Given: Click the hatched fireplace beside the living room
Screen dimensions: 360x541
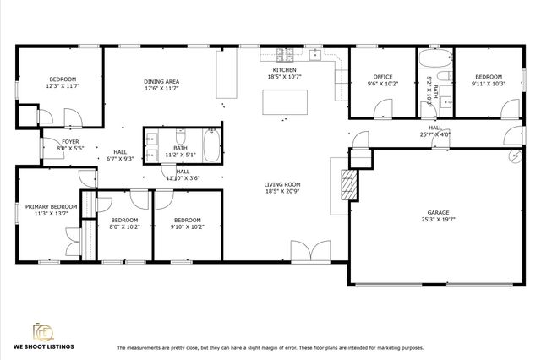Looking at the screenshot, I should click(345, 183).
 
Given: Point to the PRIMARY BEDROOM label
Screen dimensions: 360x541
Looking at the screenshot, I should click(51, 206).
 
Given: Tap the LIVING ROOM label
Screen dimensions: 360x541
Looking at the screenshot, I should click(282, 184).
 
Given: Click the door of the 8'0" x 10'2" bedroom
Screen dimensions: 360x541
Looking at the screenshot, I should click(105, 203).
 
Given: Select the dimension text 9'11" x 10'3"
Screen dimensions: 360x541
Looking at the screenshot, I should click(488, 83).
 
